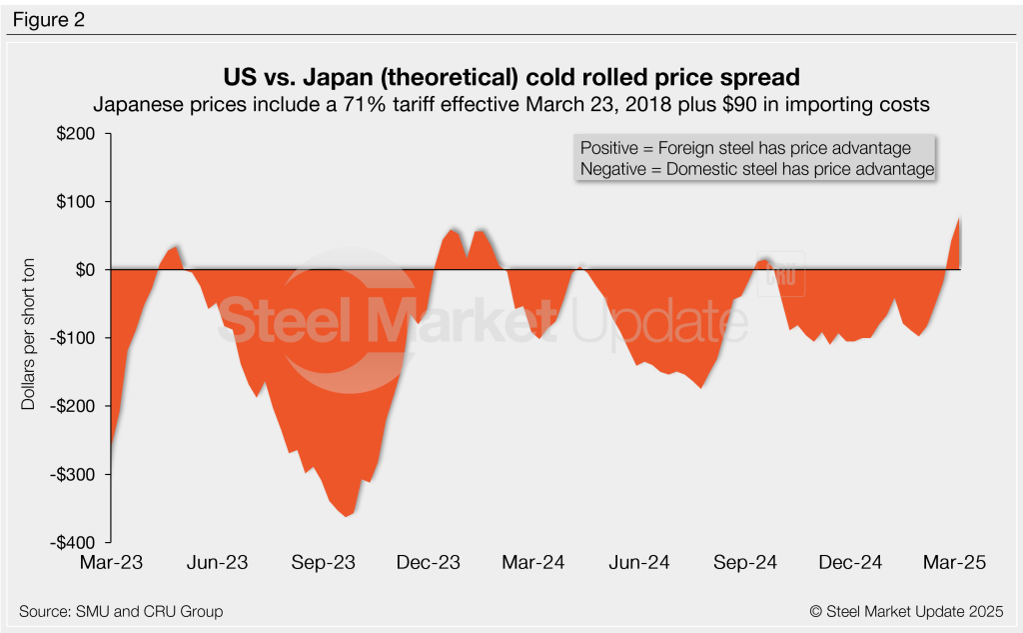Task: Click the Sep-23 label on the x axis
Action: click(325, 563)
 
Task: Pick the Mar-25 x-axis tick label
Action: click(955, 563)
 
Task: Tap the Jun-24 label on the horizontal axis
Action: click(639, 563)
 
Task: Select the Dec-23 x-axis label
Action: click(430, 563)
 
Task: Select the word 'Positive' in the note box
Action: click(610, 148)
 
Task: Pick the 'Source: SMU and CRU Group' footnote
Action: click(121, 611)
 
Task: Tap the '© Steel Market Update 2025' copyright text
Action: click(906, 611)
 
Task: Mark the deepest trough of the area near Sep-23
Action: click(346, 515)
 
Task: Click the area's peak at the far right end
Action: click(960, 219)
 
